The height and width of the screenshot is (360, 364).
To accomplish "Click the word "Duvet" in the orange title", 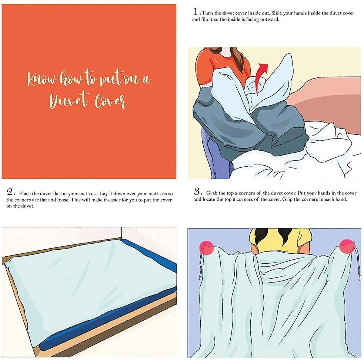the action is click(x=69, y=101).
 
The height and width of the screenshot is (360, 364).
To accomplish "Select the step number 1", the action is click(x=196, y=11).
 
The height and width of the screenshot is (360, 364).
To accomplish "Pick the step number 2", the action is click(x=10, y=192).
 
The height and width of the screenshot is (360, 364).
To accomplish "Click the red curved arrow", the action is click(x=261, y=78).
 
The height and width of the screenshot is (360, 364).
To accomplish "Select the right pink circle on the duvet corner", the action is click(x=347, y=246).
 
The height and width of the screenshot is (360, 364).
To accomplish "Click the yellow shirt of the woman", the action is click(x=280, y=241).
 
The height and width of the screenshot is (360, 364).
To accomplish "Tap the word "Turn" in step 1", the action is click(x=207, y=13).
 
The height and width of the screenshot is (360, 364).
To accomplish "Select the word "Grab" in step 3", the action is click(x=211, y=193).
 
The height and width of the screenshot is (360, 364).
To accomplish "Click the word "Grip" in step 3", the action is click(x=287, y=200).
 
